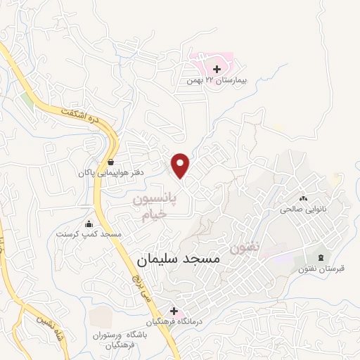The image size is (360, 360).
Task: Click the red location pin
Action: click(181, 165)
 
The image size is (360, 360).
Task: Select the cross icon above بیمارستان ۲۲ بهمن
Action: click(217, 69)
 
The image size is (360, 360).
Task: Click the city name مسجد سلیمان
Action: click(176, 259)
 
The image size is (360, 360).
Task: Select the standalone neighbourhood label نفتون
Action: click(245, 247)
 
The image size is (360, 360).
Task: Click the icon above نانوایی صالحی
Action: click(303, 198)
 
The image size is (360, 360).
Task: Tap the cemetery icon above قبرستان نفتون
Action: click(322, 257)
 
